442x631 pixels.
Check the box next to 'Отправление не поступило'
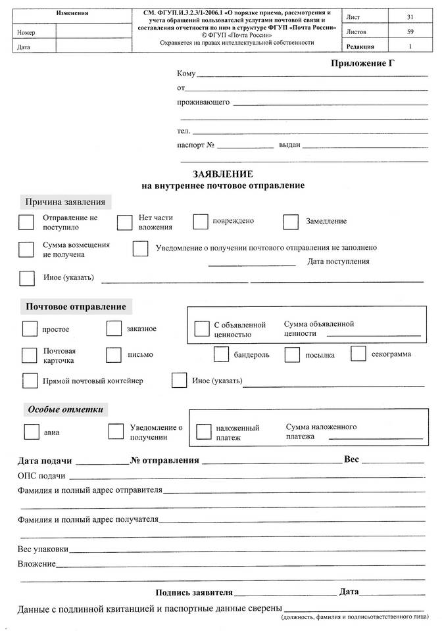(x=26, y=222)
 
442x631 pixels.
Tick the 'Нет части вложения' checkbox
(x=125, y=222)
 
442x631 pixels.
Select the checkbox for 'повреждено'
(x=201, y=222)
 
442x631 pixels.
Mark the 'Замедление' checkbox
(x=291, y=222)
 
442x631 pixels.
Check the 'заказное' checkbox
(x=114, y=328)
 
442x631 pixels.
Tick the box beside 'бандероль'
(x=222, y=354)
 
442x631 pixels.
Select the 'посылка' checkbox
(x=292, y=355)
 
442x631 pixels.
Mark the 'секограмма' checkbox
(x=358, y=354)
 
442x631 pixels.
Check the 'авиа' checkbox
(x=31, y=432)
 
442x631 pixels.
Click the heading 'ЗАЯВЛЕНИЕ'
(x=222, y=174)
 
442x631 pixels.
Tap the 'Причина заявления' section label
(x=65, y=202)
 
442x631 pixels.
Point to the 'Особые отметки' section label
(x=66, y=409)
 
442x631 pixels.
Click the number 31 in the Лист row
(x=410, y=16)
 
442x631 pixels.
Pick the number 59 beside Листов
(x=410, y=32)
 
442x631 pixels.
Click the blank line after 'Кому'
(x=312, y=76)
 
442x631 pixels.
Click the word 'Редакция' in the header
(x=360, y=47)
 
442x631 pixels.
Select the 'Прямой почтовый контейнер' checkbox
(x=30, y=381)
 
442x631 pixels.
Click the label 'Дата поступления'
(x=338, y=262)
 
